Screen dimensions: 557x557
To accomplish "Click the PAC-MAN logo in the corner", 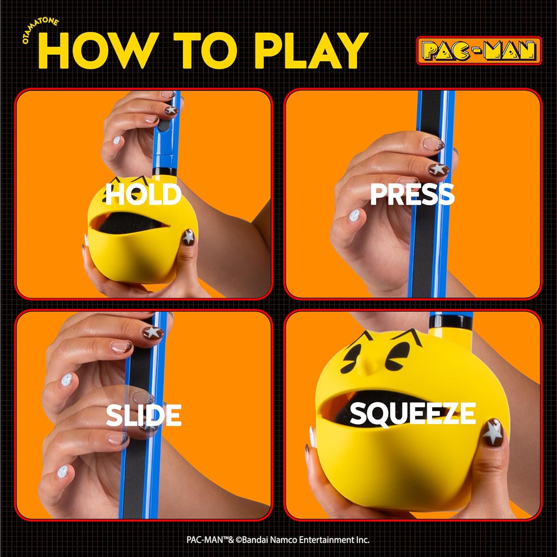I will pos(479,51).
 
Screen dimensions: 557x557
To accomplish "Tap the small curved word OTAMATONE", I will pos(40,29).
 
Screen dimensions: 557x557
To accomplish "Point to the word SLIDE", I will pos(143,415).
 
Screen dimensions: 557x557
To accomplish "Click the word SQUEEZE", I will pos(412,413).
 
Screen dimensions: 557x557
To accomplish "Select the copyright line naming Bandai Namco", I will pos(278,540).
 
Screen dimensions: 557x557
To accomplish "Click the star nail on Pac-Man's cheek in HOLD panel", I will pos(189,237).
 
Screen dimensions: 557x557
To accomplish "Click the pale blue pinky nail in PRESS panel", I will pos(354,215).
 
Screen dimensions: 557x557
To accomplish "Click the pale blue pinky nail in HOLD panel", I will pos(116,140).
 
